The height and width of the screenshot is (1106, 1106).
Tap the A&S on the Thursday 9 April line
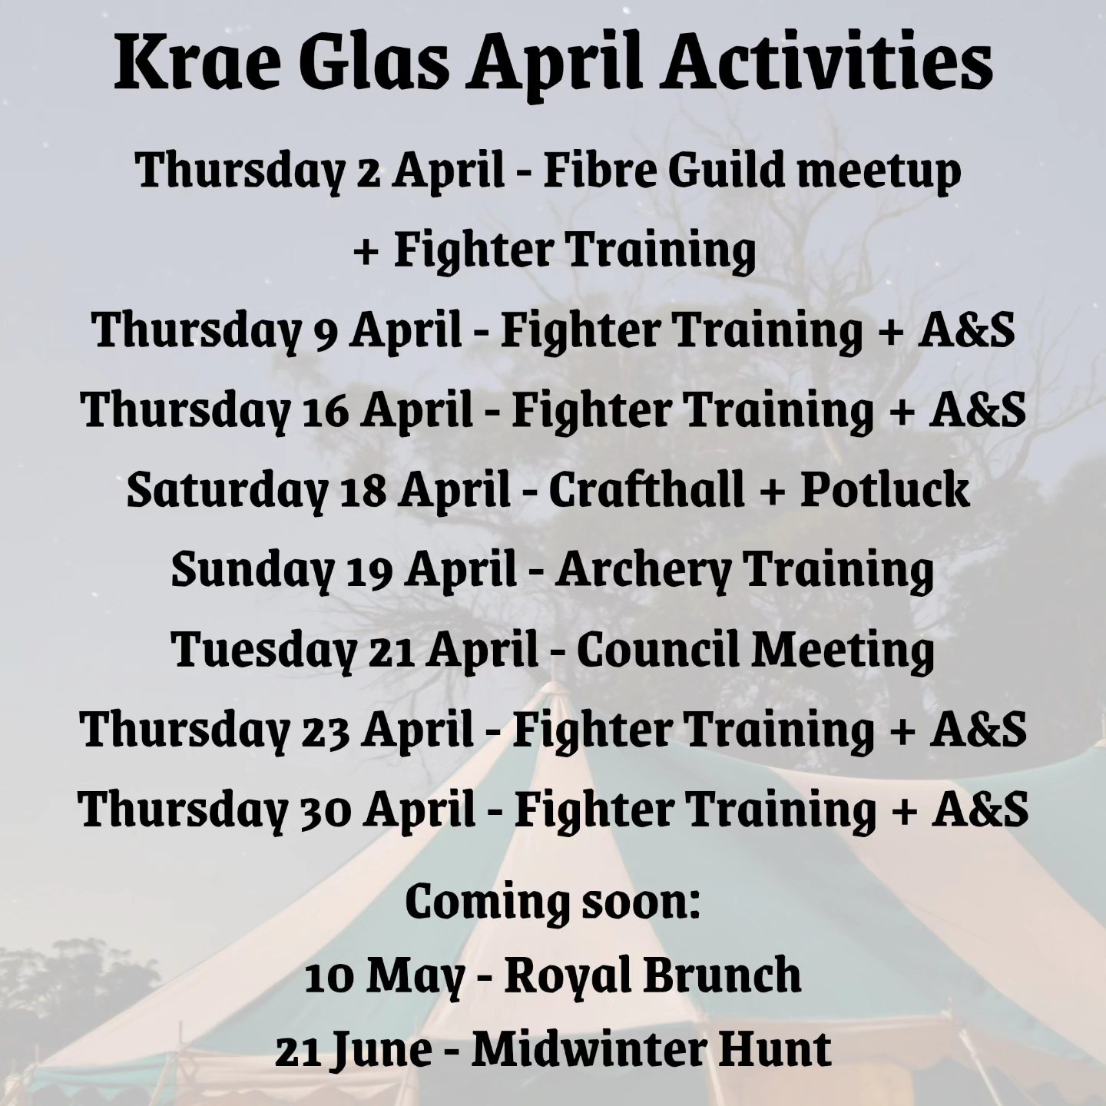coord(965,329)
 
